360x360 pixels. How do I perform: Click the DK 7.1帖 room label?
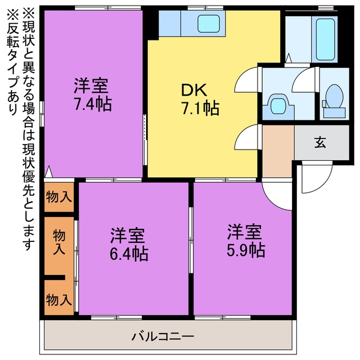tap(200, 99)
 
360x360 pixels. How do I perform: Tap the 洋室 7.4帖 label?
tap(92, 95)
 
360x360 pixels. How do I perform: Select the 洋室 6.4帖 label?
tap(129, 245)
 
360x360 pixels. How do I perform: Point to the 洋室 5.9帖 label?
tap(246, 241)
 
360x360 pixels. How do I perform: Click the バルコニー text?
tap(163, 337)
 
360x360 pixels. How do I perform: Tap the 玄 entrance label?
tap(320, 142)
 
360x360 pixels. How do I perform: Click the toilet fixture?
tap(334, 101)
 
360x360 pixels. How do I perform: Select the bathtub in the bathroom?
tap(325, 39)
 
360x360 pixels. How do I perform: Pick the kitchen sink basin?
tap(209, 24)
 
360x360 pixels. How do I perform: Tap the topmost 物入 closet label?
tap(58, 197)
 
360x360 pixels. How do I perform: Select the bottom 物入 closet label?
tap(58, 300)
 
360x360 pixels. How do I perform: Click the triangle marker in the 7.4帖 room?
tap(48, 172)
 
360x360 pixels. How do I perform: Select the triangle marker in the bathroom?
tap(289, 58)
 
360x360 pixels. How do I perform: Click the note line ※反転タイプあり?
tap(12, 61)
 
